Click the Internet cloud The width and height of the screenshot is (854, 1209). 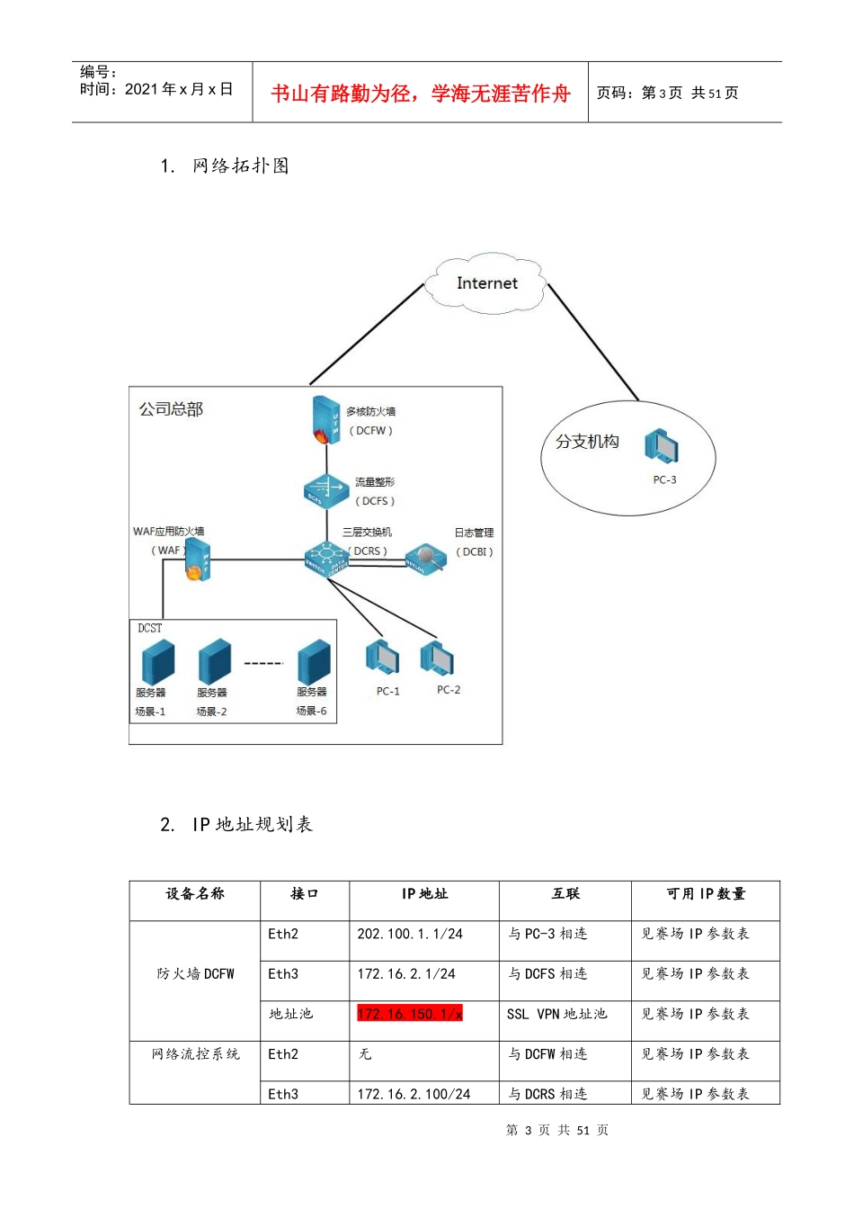486,283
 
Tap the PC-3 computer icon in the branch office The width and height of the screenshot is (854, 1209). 661,446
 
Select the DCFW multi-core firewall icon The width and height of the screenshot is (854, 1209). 325,420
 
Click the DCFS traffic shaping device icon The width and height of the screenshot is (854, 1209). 325,491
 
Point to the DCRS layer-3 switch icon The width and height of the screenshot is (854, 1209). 325,560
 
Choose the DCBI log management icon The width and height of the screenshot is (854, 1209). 425,559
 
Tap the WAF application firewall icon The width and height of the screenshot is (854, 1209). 198,560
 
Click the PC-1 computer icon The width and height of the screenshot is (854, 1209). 383,658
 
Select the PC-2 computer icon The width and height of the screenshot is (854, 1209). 438,658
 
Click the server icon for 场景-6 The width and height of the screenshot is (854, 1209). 314,662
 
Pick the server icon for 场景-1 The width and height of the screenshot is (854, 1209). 157,662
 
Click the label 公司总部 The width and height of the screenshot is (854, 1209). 171,409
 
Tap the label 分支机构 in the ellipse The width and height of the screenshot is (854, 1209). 587,442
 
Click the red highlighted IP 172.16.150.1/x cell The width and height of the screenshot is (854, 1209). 410,1014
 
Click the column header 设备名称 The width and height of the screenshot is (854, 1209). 194,893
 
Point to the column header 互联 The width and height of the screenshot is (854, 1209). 565,893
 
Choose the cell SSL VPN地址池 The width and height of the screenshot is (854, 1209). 556,1014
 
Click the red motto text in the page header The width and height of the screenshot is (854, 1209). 420,94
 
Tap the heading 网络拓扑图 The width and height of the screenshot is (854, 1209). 240,166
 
